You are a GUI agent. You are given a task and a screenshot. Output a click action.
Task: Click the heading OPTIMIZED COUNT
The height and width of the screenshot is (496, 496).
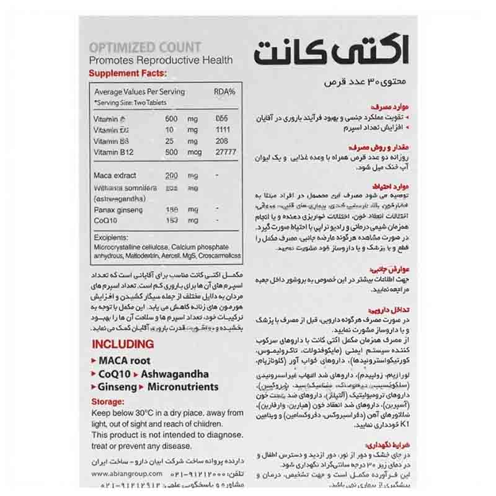tap(145, 47)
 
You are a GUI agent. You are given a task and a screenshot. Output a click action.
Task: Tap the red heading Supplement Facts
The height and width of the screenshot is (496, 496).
tap(128, 73)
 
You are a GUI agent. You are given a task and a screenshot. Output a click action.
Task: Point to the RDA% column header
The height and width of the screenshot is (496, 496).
tap(224, 92)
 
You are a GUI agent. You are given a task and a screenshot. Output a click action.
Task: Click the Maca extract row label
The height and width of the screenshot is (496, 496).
tap(115, 176)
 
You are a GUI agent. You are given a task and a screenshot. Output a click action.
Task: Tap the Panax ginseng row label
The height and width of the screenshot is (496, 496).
tap(117, 210)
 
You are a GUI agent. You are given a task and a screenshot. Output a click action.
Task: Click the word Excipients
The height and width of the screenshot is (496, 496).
tap(112, 237)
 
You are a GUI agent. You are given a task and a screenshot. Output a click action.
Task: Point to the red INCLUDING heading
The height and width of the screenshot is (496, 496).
tap(122, 344)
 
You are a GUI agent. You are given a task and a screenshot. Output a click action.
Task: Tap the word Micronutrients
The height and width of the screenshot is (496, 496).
tap(182, 387)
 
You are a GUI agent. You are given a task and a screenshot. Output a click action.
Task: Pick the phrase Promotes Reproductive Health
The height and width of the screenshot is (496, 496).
tap(161, 60)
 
